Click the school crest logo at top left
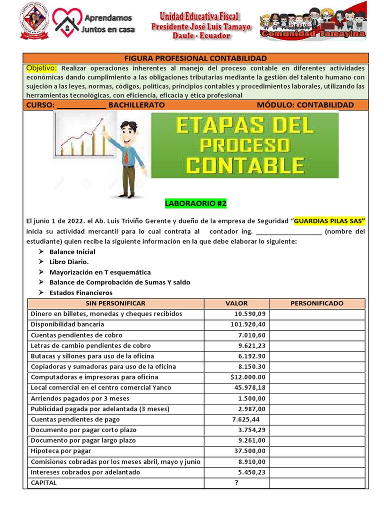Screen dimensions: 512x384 pyautogui.click(x=34, y=22)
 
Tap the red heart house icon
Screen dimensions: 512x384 pyautogui.click(x=66, y=23)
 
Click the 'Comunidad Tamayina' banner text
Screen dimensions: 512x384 pyautogui.click(x=313, y=34)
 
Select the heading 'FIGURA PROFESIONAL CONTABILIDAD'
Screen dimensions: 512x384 pyautogui.click(x=195, y=58)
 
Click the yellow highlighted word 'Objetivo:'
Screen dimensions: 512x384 pyautogui.click(x=41, y=68)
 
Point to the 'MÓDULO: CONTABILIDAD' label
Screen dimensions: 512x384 pyautogui.click(x=305, y=105)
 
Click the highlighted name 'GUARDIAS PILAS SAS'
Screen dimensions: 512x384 pyautogui.click(x=330, y=220)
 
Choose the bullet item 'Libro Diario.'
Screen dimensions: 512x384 pyautogui.click(x=69, y=262)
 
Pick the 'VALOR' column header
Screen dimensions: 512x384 pyautogui.click(x=236, y=303)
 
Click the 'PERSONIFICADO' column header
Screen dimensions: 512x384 pyautogui.click(x=317, y=303)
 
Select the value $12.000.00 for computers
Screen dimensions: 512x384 pyautogui.click(x=248, y=377)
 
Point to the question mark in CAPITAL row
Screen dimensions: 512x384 pyautogui.click(x=236, y=482)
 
